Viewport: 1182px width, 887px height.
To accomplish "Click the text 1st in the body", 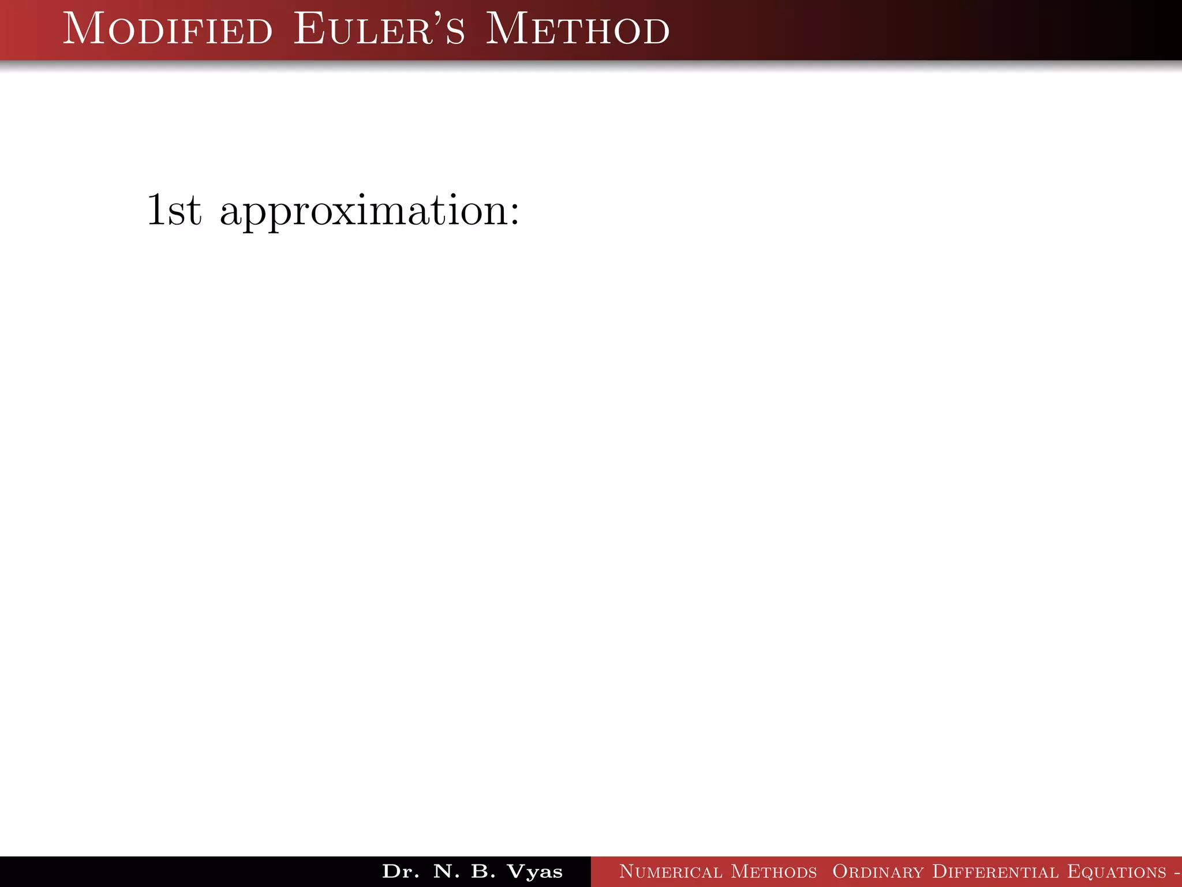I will tap(174, 210).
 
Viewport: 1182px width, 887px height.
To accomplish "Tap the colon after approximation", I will tap(514, 214).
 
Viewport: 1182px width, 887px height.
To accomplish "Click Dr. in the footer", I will tap(401, 871).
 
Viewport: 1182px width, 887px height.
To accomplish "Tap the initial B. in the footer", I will tap(484, 871).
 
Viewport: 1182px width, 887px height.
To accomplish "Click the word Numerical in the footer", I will tap(669, 871).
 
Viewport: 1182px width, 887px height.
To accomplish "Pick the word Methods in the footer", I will tap(773, 871).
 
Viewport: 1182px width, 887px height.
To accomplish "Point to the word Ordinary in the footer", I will tap(877, 871).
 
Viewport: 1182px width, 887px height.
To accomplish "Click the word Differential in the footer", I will tap(995, 871).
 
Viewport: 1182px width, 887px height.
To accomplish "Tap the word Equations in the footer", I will tap(1116, 871).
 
